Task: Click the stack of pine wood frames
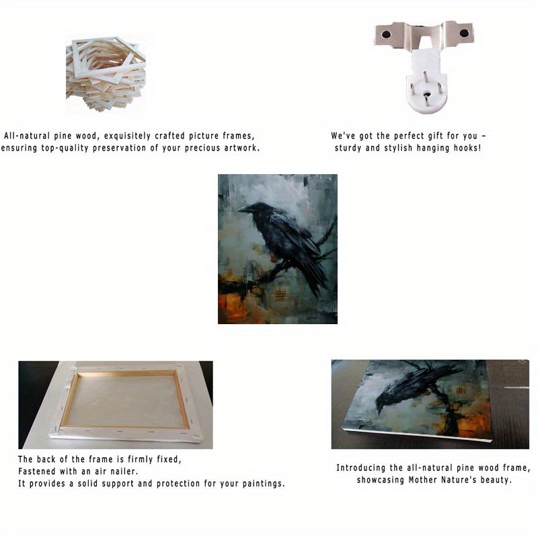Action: (106, 74)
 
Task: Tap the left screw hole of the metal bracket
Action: (386, 34)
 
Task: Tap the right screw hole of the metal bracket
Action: (464, 33)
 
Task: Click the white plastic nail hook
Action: (426, 82)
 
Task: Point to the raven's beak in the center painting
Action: (245, 209)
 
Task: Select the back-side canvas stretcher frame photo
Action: (116, 405)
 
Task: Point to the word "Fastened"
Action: (37, 471)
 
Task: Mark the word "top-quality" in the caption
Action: (65, 148)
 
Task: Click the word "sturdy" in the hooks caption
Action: (348, 148)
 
